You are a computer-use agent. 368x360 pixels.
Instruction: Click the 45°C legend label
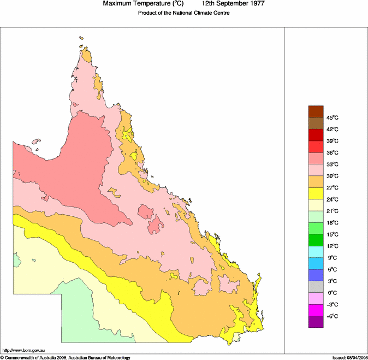tap(333, 117)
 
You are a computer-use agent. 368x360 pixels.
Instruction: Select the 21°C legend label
tap(333, 211)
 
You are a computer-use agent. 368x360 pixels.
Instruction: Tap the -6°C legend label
tap(333, 316)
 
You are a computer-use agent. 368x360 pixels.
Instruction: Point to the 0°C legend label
tap(333, 293)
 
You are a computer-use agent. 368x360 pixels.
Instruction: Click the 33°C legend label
tap(333, 164)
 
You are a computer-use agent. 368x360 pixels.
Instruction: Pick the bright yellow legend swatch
tap(316, 193)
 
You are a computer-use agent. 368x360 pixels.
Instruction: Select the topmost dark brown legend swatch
tap(316, 111)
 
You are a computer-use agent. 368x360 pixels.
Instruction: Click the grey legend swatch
tap(316, 287)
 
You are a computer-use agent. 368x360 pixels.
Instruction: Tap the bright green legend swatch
tap(316, 228)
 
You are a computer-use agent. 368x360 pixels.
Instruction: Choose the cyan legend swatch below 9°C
tap(316, 263)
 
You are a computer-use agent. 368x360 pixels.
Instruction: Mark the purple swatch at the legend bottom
tap(316, 322)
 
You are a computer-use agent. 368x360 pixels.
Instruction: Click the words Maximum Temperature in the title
tap(136, 4)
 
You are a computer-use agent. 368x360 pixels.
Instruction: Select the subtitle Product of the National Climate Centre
tap(183, 13)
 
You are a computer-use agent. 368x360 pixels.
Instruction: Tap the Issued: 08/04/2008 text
tap(349, 357)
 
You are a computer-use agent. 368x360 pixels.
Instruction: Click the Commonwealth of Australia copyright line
tap(66, 357)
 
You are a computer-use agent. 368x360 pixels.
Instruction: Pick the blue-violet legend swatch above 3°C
tap(316, 275)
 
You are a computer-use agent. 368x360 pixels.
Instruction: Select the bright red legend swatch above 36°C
tap(316, 146)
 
